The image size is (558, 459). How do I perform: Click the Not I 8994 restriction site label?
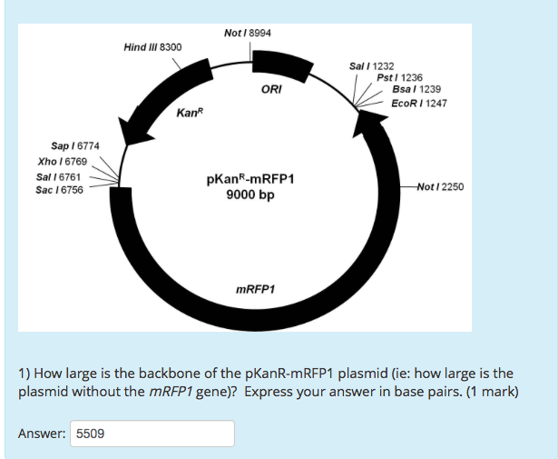tap(247, 34)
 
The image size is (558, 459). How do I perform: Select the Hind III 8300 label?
tap(152, 46)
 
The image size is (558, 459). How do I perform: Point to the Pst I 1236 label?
tap(399, 78)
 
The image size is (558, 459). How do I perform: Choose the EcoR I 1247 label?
tap(418, 104)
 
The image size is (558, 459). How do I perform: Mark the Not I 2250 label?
tap(441, 186)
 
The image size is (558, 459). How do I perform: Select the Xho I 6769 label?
tap(59, 162)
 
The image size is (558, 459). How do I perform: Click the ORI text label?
tap(270, 90)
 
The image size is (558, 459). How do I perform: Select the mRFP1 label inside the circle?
tap(255, 290)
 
